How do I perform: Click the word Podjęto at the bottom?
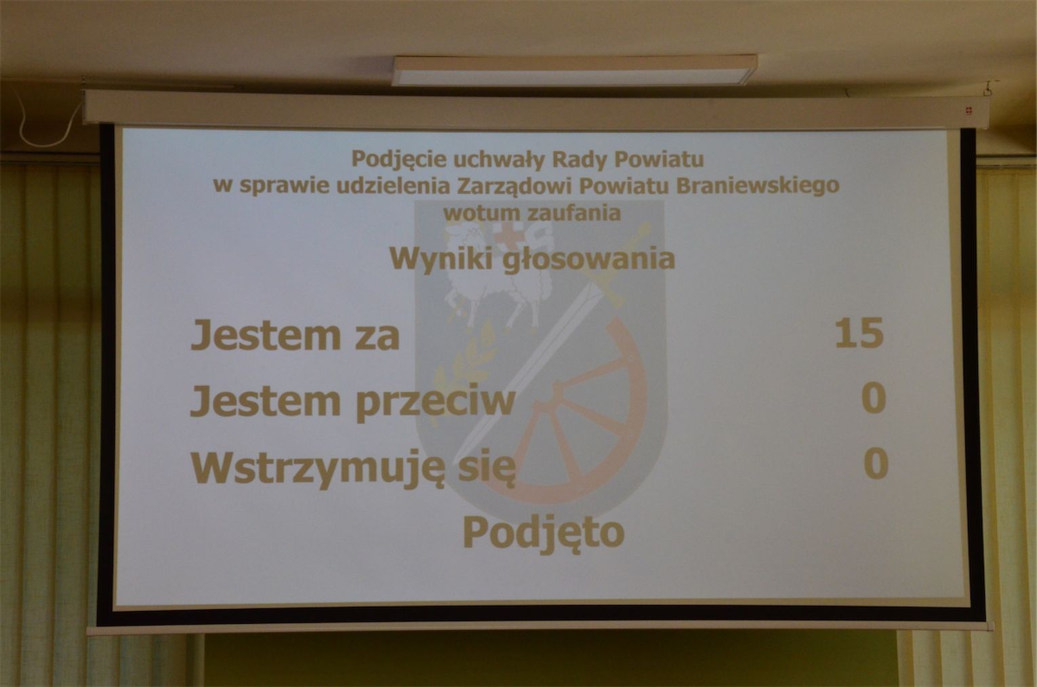click(544, 534)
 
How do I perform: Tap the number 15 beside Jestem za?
click(859, 333)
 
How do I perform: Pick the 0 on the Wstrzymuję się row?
click(876, 463)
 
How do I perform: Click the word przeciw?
click(435, 403)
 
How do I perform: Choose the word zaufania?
click(574, 213)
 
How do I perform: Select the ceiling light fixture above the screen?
click(575, 71)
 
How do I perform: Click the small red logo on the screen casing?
click(968, 111)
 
